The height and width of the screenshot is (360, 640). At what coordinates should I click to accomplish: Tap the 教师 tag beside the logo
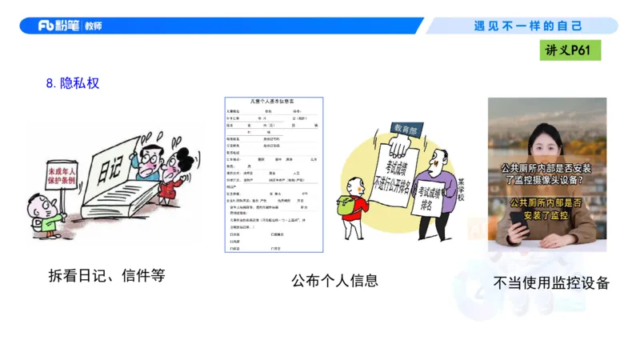click(x=92, y=26)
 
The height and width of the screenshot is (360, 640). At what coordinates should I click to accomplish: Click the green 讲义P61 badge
click(x=571, y=50)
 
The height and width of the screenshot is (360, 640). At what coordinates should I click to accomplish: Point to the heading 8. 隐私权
click(x=73, y=82)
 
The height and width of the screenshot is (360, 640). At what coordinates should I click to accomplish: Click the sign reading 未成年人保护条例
click(x=62, y=175)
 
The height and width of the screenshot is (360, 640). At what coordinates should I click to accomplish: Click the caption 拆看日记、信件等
click(x=106, y=276)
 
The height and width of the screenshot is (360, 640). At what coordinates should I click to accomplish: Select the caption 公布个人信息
click(x=334, y=280)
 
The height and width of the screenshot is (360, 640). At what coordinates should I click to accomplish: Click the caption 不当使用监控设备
click(x=551, y=282)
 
